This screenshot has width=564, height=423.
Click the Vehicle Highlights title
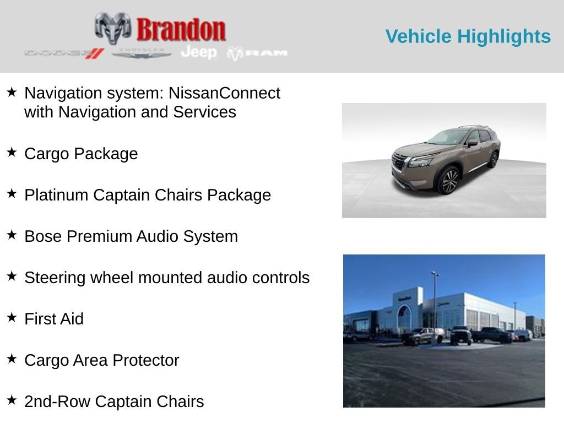pos(468,36)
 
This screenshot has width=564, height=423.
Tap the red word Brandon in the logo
pos(181,30)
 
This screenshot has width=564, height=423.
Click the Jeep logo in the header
pos(199,52)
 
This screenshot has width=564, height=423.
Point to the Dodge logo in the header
pos(64,53)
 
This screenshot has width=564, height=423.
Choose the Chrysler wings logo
pos(142,53)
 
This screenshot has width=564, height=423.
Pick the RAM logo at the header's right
pos(257,53)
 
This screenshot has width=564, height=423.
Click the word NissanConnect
pos(224,93)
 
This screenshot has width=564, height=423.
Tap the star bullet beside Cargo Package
pos(12,153)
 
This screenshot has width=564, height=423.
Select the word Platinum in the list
pos(56,195)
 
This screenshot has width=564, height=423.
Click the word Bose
pos(43,236)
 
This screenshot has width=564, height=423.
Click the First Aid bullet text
pos(54,319)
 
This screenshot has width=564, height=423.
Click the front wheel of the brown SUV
pos(449,181)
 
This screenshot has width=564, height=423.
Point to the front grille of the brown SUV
pos(399,162)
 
